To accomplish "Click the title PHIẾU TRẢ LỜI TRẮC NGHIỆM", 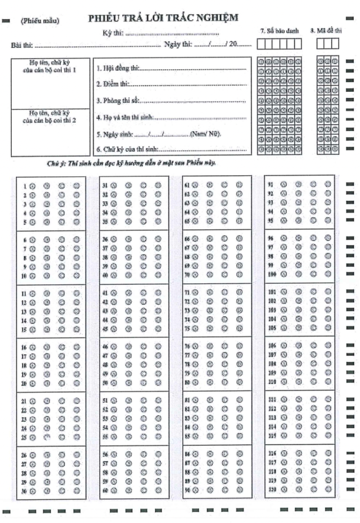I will [163, 19].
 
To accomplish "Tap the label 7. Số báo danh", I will [279, 30].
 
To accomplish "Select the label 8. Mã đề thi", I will [326, 30].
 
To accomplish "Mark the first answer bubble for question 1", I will [33, 185].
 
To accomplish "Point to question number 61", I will [186, 185].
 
